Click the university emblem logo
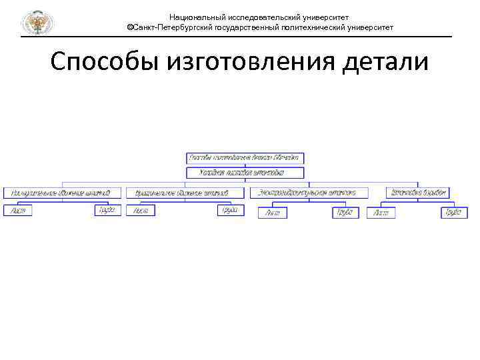(x=37, y=23)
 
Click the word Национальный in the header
(x=197, y=17)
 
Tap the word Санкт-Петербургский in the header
(x=173, y=28)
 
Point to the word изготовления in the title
(x=249, y=63)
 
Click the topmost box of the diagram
(x=245, y=158)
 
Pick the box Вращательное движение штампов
(x=181, y=193)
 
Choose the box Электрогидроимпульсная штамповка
(x=308, y=193)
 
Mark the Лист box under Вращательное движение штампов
(x=141, y=210)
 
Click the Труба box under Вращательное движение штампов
(x=231, y=210)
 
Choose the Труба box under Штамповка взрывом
(x=454, y=213)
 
